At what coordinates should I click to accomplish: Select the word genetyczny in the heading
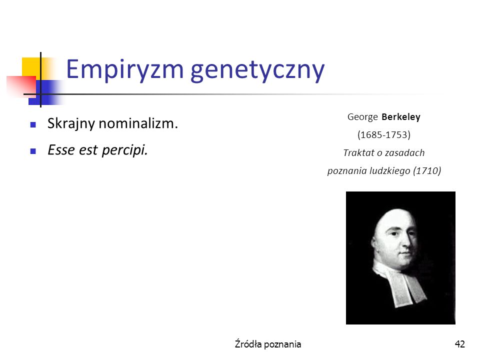click(x=257, y=71)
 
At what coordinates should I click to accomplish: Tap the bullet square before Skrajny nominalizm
click(x=33, y=124)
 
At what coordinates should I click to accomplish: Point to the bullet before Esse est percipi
click(x=33, y=151)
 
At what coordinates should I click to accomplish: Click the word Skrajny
click(x=71, y=124)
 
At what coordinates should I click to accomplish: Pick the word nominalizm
click(x=138, y=123)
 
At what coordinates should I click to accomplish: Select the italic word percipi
click(x=125, y=150)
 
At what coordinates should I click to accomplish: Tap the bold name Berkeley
click(x=401, y=117)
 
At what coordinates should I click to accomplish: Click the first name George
click(x=363, y=117)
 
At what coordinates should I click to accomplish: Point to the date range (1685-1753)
click(x=384, y=135)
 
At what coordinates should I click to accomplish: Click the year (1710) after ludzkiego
click(x=427, y=170)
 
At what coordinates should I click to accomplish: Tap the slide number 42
click(x=460, y=344)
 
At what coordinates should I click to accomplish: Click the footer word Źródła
click(x=248, y=344)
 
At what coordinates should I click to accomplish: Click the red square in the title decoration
click(x=21, y=86)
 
